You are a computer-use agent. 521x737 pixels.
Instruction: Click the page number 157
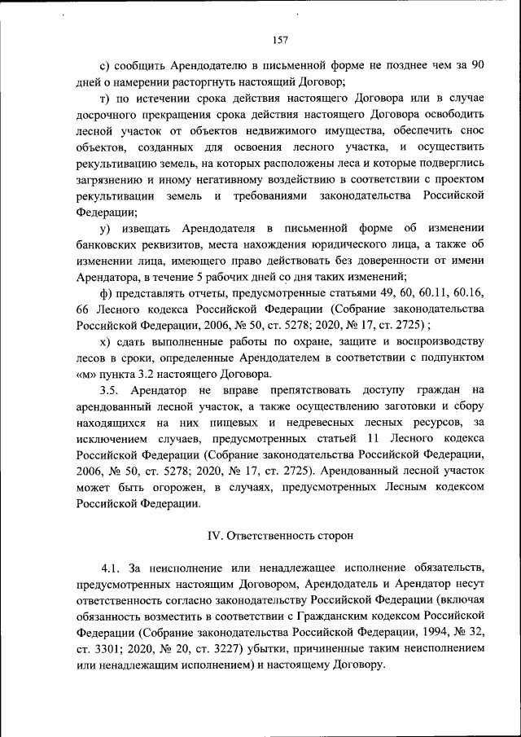(281, 38)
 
